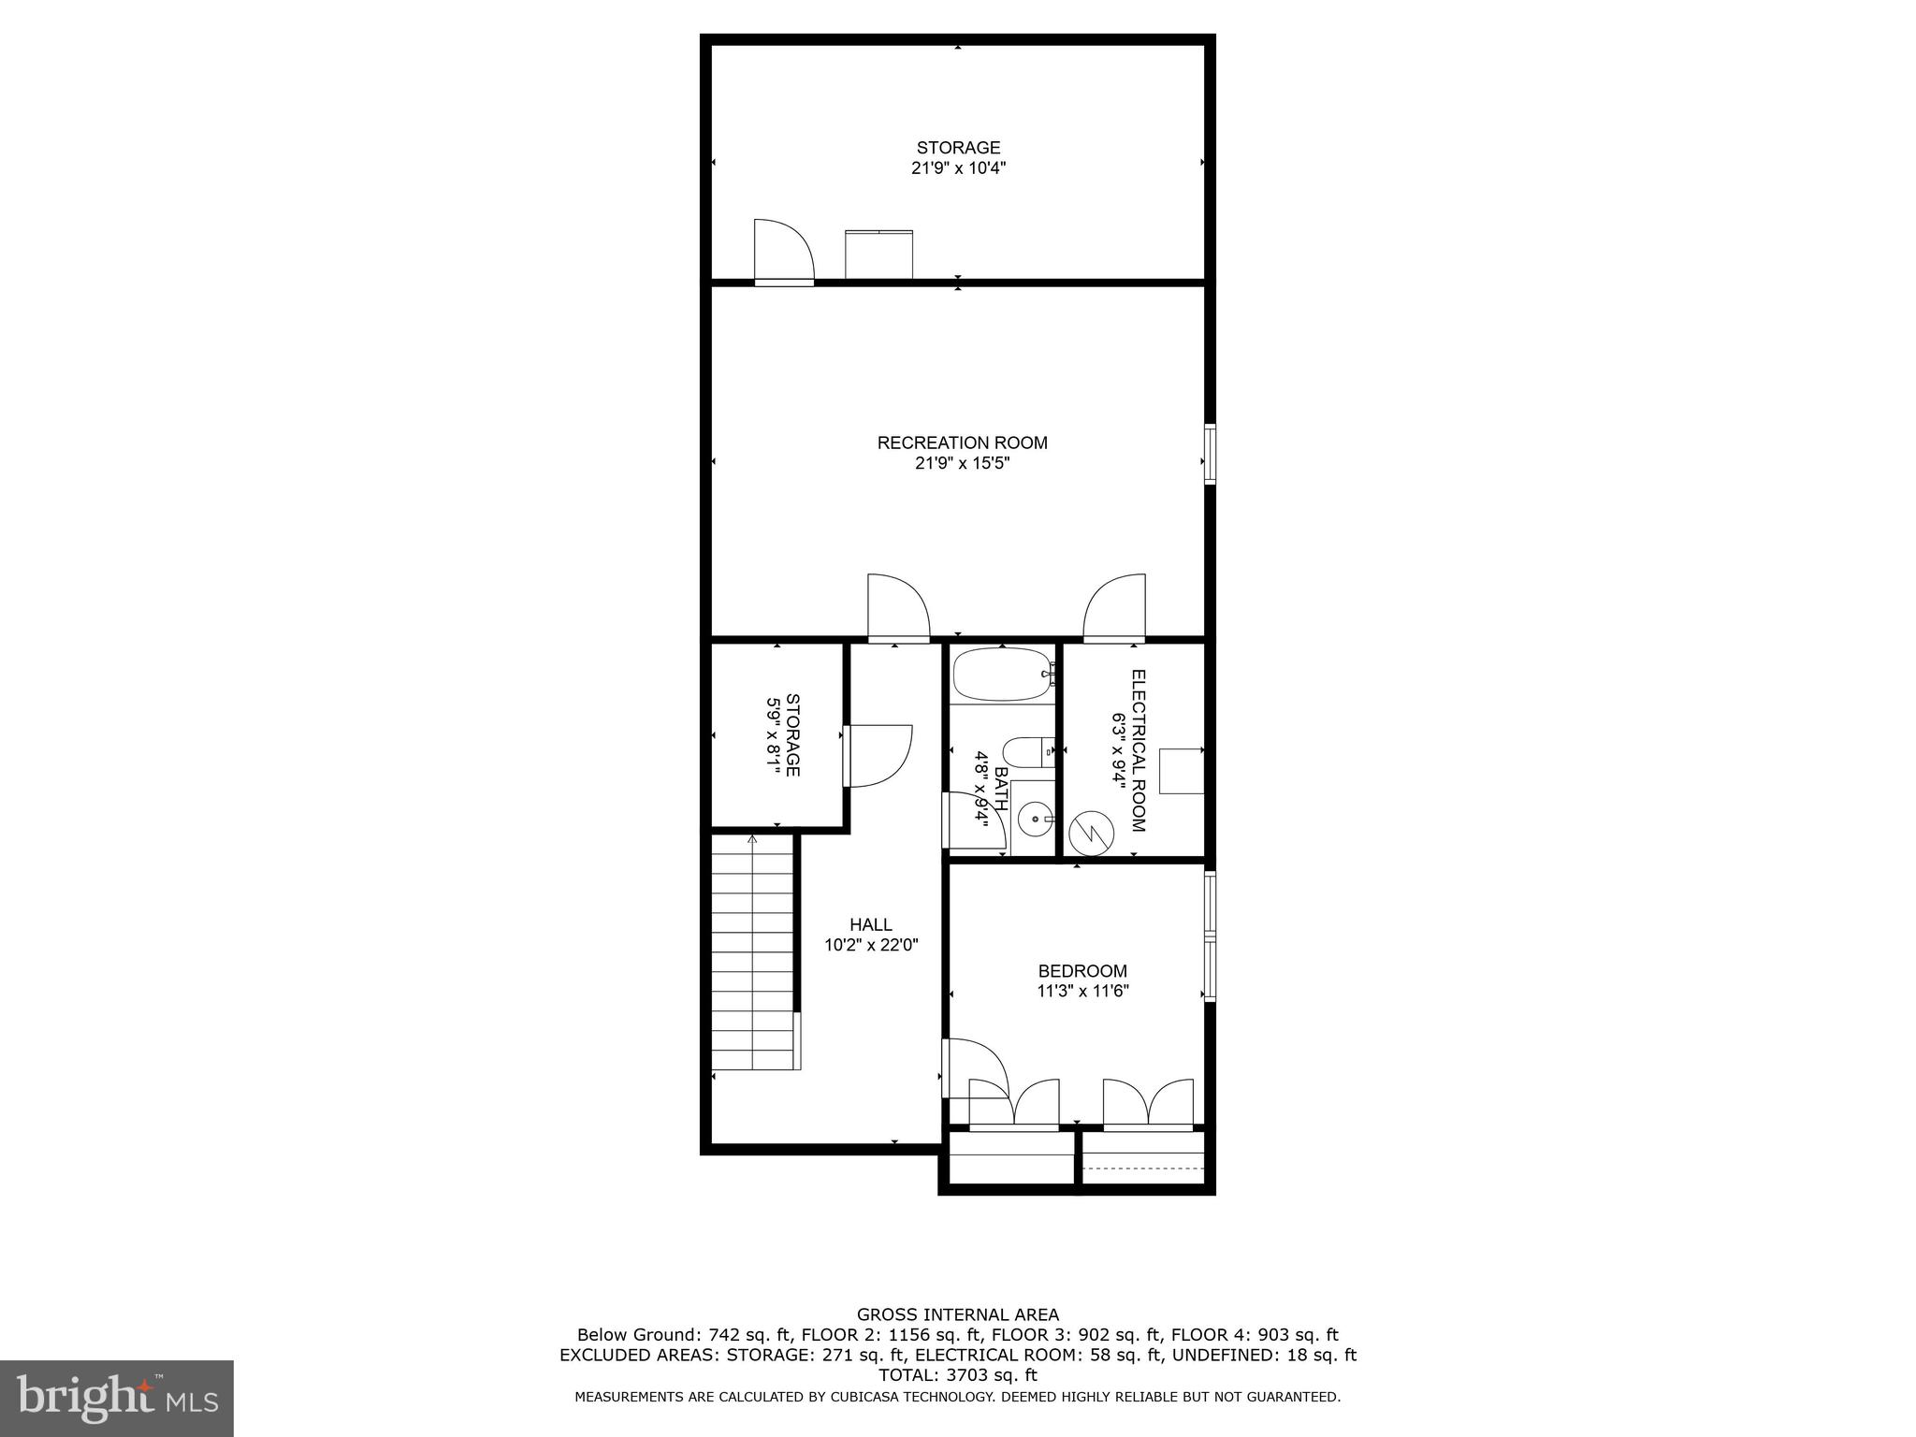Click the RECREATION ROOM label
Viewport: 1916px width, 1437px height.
(962, 443)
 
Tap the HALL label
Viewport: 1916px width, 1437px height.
(870, 925)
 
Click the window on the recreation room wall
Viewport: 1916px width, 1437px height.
(1210, 454)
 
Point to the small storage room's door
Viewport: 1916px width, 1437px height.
(878, 755)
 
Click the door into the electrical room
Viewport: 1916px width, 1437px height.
(1114, 608)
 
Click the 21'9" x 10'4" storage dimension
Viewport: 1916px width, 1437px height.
(958, 168)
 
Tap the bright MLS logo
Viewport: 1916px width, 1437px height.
(116, 1397)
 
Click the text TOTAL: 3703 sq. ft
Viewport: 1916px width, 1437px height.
(958, 1375)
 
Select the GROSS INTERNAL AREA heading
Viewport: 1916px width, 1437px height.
(958, 1314)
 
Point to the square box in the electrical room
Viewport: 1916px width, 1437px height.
(1181, 771)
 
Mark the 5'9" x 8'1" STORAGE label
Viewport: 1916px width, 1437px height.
(784, 734)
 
